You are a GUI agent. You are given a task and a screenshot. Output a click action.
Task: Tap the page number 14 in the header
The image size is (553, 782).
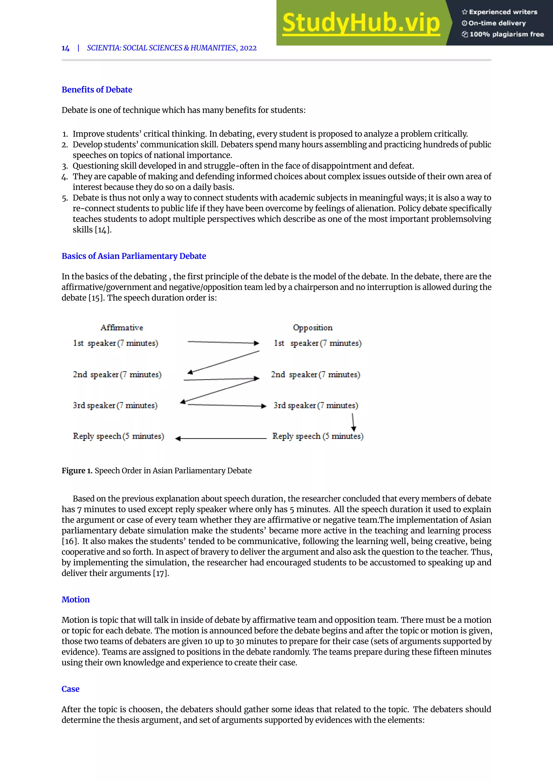[x=65, y=48]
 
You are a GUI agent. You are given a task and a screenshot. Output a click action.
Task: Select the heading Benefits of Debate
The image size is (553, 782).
[x=97, y=90]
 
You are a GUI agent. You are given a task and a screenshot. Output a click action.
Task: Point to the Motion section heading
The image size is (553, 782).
[x=76, y=599]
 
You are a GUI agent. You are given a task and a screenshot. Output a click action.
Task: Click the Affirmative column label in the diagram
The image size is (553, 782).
[x=122, y=327]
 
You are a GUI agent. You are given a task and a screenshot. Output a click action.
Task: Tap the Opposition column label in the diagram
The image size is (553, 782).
[x=313, y=327]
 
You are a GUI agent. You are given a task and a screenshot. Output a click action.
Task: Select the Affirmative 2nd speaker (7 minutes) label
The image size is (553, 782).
[x=117, y=374]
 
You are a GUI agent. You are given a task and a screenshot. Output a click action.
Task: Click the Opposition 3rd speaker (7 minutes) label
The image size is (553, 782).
[x=316, y=405]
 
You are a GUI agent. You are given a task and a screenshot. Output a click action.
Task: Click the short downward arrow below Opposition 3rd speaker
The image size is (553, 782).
[x=353, y=422]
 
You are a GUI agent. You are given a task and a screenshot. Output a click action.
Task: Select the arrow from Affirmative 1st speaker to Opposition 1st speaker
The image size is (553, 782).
[x=223, y=342]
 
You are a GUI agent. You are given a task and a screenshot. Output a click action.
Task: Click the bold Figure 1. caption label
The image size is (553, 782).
[x=77, y=470]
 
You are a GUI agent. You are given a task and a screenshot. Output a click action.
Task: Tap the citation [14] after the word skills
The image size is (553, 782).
[x=103, y=230]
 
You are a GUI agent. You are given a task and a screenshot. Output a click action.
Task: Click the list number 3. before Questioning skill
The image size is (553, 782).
[x=65, y=166]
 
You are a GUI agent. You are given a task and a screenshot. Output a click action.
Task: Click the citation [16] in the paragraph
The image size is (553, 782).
[x=69, y=541]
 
